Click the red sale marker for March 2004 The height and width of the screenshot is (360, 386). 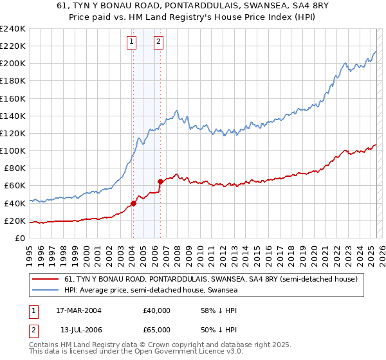point(133,204)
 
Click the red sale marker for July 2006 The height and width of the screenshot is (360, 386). point(160,182)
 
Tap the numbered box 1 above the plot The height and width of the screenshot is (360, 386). point(131,43)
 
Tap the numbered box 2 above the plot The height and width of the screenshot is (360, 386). point(158,43)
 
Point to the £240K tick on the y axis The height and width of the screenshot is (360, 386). point(13,29)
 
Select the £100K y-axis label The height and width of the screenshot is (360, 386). point(13,150)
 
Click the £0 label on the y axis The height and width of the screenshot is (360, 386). point(20,239)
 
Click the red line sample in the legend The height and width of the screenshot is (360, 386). point(46,280)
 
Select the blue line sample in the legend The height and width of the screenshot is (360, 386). point(46,291)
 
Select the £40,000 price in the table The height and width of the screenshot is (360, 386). point(156,310)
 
